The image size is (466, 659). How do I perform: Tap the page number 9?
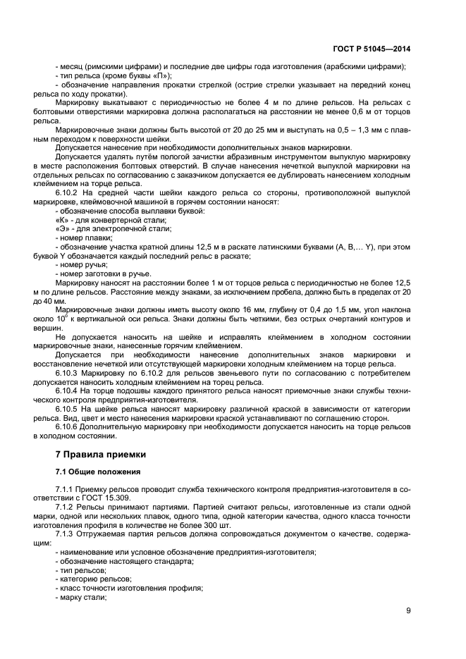click(408, 610)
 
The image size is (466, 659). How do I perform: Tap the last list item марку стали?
click(82, 597)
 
